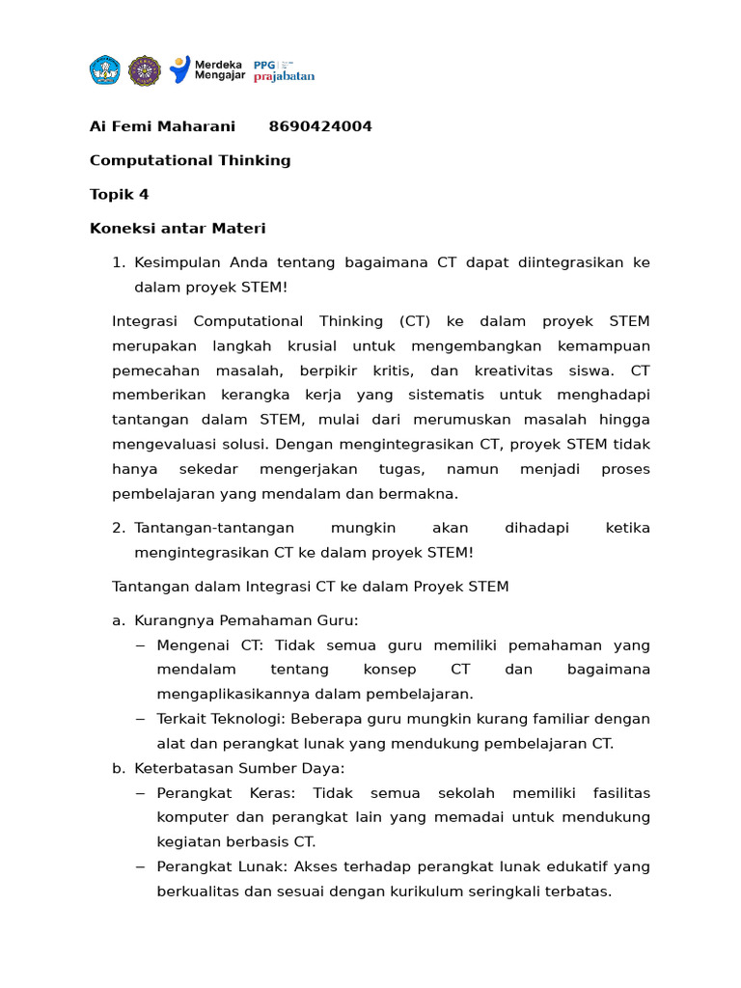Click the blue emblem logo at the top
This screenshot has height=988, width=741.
pyautogui.click(x=104, y=69)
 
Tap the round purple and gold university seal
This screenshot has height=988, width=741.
pyautogui.click(x=145, y=69)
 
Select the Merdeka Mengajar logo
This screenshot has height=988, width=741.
pyautogui.click(x=206, y=69)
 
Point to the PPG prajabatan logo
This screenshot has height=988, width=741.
pyautogui.click(x=284, y=70)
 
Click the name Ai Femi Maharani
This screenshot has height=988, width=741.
pyautogui.click(x=162, y=126)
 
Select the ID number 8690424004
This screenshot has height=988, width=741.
pyautogui.click(x=320, y=126)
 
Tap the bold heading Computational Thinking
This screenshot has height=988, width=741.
pyautogui.click(x=190, y=160)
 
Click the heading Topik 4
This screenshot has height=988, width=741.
pyautogui.click(x=120, y=194)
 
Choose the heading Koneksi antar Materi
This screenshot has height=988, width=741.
pyautogui.click(x=178, y=229)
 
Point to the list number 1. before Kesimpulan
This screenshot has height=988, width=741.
pyautogui.click(x=119, y=262)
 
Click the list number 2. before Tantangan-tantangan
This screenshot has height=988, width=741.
pyautogui.click(x=119, y=528)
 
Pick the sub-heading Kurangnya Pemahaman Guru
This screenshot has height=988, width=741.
pyautogui.click(x=246, y=620)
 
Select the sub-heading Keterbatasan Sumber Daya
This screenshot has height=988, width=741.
pyautogui.click(x=239, y=768)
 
